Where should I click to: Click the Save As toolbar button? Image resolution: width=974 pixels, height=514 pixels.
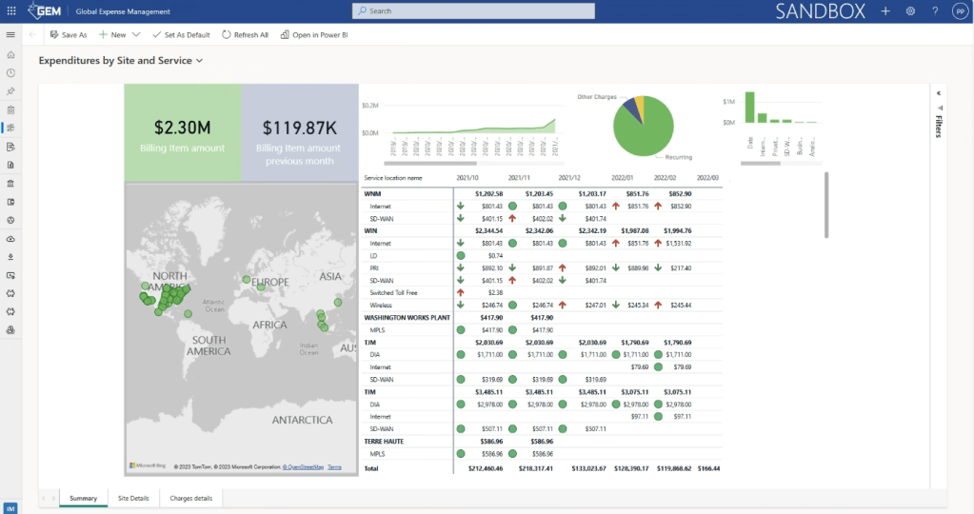pyautogui.click(x=69, y=34)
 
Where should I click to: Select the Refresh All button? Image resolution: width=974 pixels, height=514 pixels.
pyautogui.click(x=246, y=34)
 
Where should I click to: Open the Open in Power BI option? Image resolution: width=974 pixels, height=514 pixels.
pyautogui.click(x=313, y=34)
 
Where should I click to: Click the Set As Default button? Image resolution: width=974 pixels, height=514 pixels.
pyautogui.click(x=181, y=34)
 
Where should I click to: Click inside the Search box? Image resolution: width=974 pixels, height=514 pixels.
pyautogui.click(x=473, y=10)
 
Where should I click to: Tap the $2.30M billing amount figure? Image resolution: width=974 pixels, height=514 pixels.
pyautogui.click(x=182, y=128)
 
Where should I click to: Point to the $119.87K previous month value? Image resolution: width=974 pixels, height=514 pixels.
pyautogui.click(x=299, y=128)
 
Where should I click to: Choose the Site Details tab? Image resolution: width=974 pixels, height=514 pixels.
pyautogui.click(x=133, y=498)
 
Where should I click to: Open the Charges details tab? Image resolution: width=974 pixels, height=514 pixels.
pyautogui.click(x=191, y=498)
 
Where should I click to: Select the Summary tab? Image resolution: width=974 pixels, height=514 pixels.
pyautogui.click(x=83, y=498)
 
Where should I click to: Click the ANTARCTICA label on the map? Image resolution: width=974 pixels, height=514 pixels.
pyautogui.click(x=302, y=420)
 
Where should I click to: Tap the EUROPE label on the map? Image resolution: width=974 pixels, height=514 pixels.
pyautogui.click(x=269, y=283)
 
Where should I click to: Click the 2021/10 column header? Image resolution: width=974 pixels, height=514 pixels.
pyautogui.click(x=467, y=177)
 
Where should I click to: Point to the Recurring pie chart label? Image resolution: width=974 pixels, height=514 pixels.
pyautogui.click(x=679, y=157)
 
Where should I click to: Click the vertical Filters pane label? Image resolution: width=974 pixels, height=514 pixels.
pyautogui.click(x=939, y=127)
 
